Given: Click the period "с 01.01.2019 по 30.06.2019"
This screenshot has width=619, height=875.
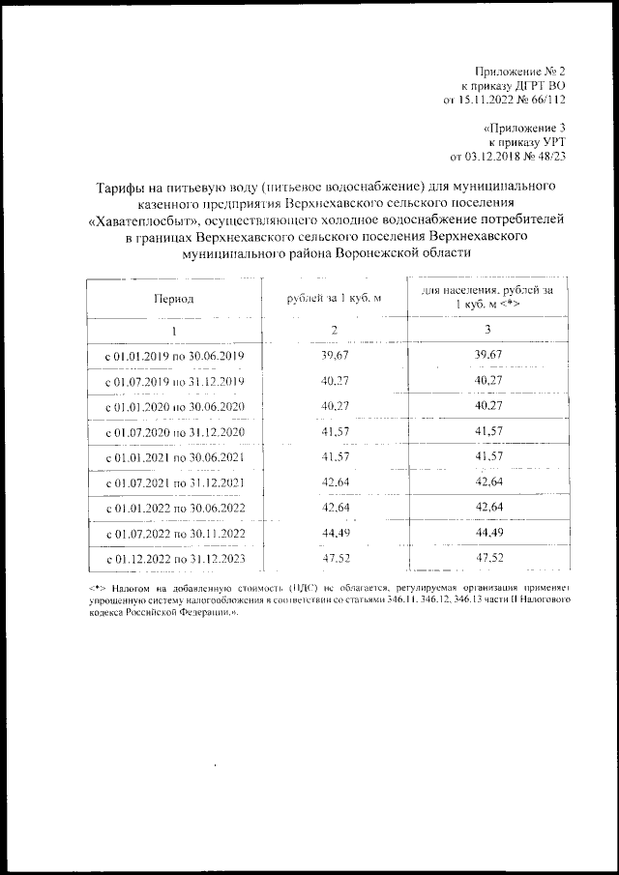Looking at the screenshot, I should click(175, 356).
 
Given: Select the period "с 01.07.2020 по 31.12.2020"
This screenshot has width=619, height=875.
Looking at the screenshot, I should click(175, 430).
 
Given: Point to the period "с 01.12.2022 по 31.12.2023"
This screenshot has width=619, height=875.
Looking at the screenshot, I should click(175, 558).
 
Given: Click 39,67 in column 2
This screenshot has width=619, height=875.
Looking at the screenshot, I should click(334, 356).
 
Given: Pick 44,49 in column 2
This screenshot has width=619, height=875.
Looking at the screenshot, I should click(334, 532).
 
